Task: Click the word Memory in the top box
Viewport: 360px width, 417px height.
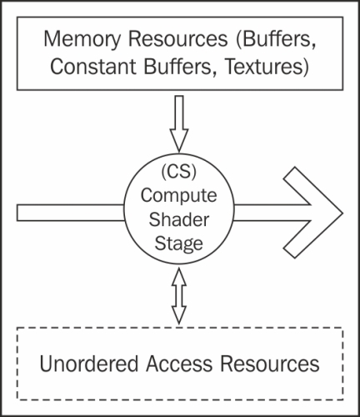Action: coord(82,40)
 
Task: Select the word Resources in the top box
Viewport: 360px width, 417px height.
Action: coord(177,38)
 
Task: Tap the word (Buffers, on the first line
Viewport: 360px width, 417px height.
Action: coord(276,40)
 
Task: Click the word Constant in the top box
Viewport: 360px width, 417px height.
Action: coord(93,67)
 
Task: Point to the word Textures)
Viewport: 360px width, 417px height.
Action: coord(267,67)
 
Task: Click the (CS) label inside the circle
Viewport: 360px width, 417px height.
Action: coord(179,172)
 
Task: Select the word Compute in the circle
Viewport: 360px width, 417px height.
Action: coord(178,196)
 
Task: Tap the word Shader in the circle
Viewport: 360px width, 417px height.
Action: coord(178,219)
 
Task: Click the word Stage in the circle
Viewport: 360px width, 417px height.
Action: coord(178,244)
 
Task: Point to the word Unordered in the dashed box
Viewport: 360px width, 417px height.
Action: coord(89,364)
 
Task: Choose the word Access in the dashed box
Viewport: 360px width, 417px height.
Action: coord(179,364)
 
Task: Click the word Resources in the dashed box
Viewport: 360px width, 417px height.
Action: coord(270,364)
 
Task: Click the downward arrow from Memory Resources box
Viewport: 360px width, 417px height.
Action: coord(179,123)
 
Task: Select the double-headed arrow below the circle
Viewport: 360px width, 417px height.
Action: coord(179,296)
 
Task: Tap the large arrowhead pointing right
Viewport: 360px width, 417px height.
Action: coord(314,213)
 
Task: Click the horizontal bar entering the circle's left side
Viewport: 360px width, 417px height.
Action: coord(71,213)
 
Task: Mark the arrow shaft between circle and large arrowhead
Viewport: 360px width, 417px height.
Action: coord(272,213)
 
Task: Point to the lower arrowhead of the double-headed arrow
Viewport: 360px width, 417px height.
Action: coord(179,315)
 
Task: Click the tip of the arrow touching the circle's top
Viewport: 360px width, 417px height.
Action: coord(179,152)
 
